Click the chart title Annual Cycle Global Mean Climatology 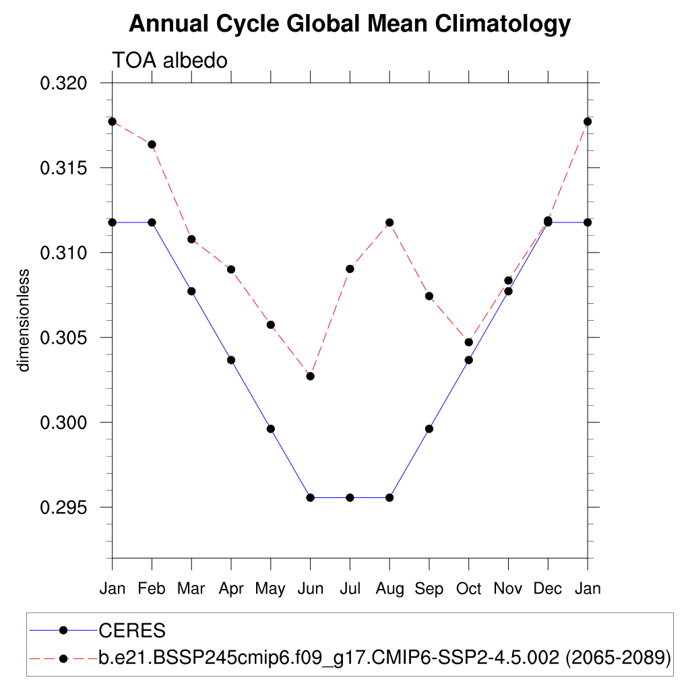tap(350, 24)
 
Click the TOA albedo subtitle tap(170, 60)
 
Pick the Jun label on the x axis tap(310, 589)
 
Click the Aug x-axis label tap(389, 589)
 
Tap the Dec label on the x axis tap(548, 589)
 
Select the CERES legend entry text tap(132, 631)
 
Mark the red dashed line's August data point tap(389, 222)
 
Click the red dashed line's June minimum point tap(310, 376)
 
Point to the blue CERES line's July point tap(350, 497)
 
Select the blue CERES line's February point tap(152, 222)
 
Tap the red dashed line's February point tap(152, 144)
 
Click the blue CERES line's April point tap(231, 360)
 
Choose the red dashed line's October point tap(469, 342)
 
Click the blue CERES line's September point tap(429, 429)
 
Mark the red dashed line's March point tap(191, 239)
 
